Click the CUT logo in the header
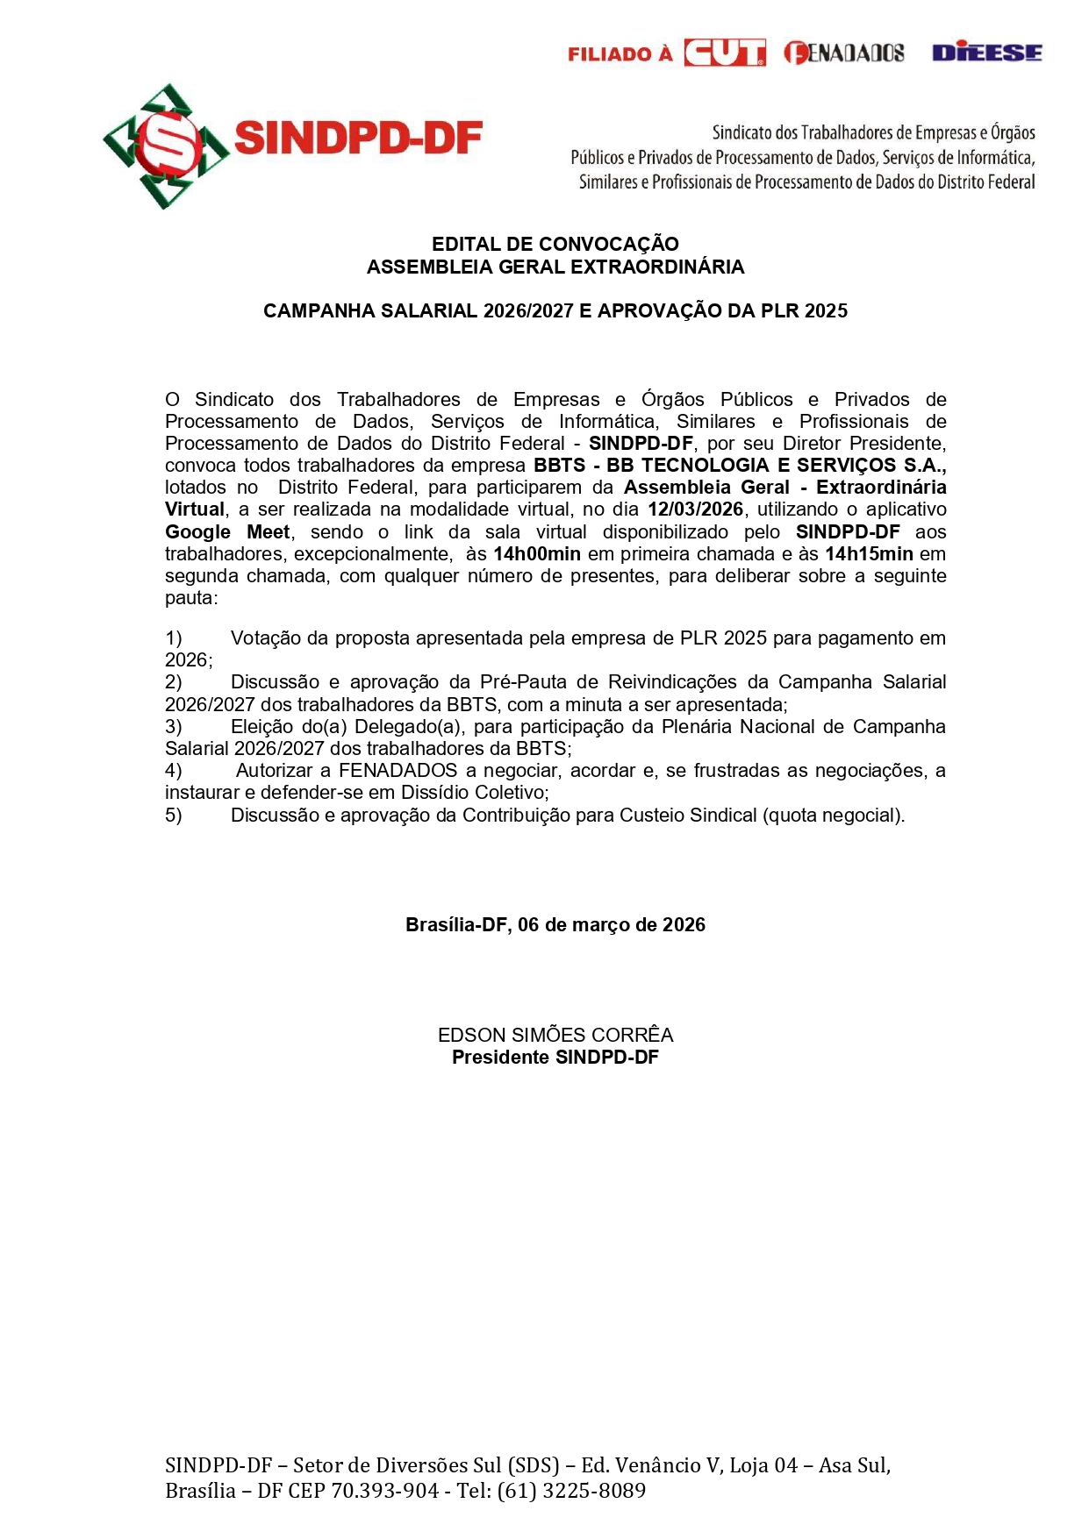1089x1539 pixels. coord(724,53)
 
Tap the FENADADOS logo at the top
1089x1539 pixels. coord(843,53)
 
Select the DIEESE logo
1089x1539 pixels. coord(986,53)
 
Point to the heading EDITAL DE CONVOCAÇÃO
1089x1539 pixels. coord(555,244)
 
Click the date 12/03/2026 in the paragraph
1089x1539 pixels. coord(695,509)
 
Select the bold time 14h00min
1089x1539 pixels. coord(537,554)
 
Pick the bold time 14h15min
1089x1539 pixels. coord(869,554)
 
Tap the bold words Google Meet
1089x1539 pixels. coord(227,532)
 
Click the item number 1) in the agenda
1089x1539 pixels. coord(174,638)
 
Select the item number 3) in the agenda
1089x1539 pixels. coord(174,727)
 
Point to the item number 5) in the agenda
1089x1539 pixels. coord(174,816)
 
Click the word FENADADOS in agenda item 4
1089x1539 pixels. coord(398,771)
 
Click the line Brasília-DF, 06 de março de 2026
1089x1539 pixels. coord(555,925)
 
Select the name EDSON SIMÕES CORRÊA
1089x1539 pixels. coord(555,1035)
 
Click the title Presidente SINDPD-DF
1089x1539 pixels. coord(555,1058)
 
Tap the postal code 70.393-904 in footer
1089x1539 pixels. coord(384,1491)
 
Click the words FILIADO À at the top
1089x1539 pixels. coord(620,54)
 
